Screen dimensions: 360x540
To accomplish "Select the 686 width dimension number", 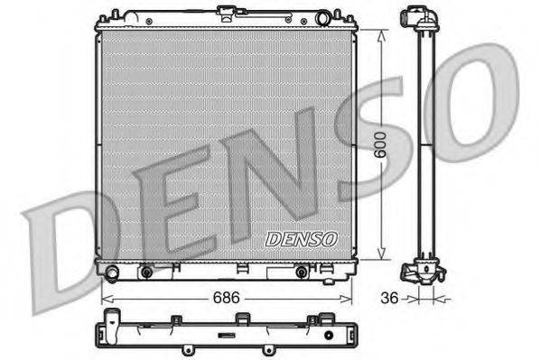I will click(226, 295).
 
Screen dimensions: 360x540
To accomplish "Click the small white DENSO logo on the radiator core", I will click(301, 239).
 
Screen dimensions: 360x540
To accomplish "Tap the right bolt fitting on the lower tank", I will click(303, 270).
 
